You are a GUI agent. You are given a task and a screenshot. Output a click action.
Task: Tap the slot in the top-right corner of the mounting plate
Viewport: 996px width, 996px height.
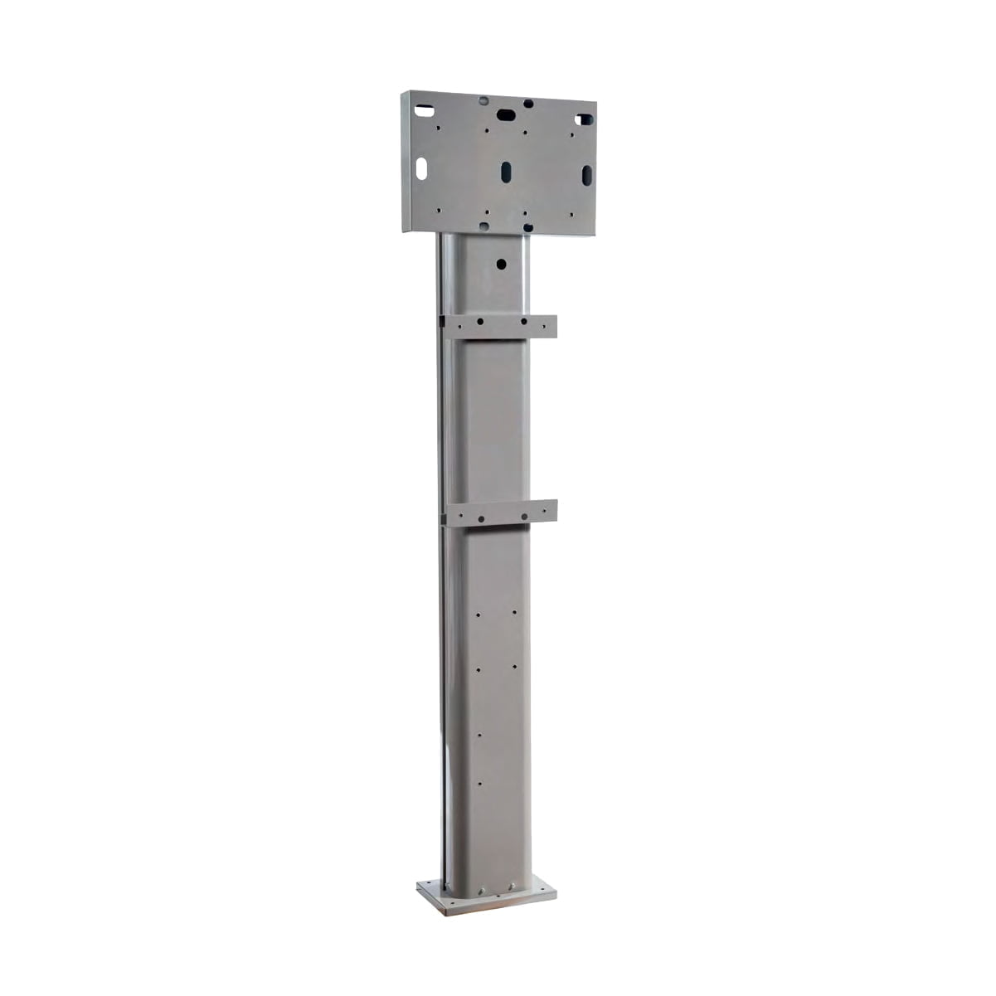pyautogui.click(x=584, y=120)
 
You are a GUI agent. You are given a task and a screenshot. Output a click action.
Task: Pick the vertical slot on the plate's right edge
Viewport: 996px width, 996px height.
pyautogui.click(x=586, y=175)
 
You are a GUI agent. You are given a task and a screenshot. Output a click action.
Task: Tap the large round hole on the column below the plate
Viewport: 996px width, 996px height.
pyautogui.click(x=501, y=264)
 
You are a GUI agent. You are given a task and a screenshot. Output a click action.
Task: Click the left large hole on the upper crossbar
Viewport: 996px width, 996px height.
pyautogui.click(x=479, y=321)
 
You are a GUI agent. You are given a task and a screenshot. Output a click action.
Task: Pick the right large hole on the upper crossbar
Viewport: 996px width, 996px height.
pyautogui.click(x=523, y=321)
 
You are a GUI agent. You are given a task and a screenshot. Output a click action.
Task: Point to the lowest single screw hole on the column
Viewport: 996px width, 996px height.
pyautogui.click(x=479, y=781)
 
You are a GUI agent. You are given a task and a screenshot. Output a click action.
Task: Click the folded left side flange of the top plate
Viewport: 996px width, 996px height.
pyautogui.click(x=406, y=162)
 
